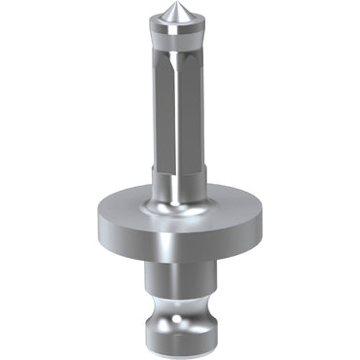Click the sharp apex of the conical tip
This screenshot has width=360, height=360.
(180, 17)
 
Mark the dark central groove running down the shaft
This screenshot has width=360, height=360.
(181, 117)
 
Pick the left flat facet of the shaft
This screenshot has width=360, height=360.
(167, 117)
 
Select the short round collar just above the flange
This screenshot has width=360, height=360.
(180, 185)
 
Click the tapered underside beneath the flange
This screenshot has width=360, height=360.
(180, 257)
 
